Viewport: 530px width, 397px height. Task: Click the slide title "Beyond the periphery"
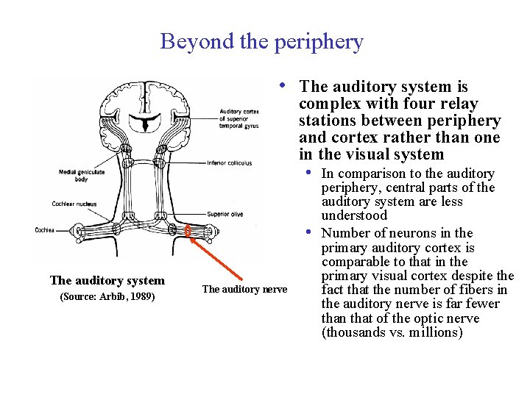(261, 41)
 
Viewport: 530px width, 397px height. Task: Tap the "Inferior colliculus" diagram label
(230, 163)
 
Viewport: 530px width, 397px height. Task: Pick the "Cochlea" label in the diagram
(44, 230)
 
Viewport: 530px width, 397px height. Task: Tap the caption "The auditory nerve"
(244, 290)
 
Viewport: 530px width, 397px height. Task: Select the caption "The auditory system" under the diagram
(107, 280)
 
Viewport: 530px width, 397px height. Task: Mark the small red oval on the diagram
(188, 232)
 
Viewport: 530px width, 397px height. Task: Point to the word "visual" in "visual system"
(370, 154)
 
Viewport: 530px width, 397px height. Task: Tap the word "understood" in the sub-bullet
(354, 216)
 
